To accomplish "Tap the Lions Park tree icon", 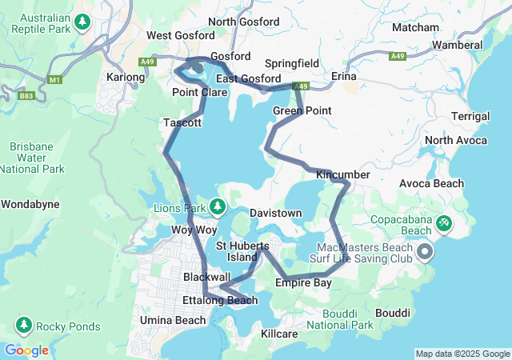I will point(218,208).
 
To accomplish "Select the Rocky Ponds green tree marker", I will point(23,326).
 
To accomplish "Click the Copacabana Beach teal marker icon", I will point(443,222).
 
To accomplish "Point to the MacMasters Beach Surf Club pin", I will point(425,253).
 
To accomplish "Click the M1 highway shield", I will point(55,80).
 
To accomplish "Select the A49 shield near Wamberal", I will point(398,56).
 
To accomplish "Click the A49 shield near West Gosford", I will point(146,61).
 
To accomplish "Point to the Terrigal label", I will point(470,116).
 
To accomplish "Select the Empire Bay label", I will point(303,283).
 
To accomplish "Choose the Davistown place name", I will point(275,214).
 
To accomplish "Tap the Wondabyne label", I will point(30,204).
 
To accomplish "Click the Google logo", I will point(26,350).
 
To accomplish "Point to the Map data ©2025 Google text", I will point(462,354).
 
